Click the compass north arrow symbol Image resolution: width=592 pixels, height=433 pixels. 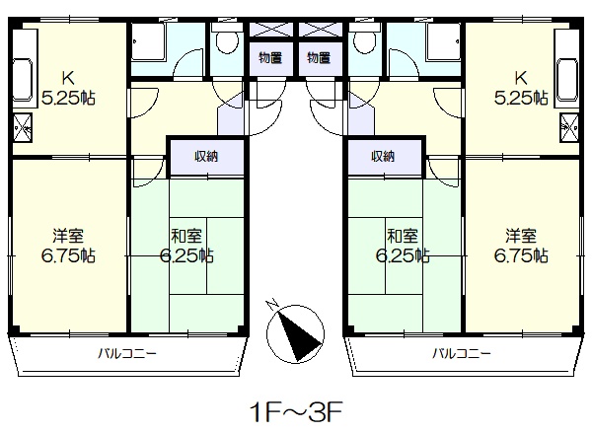[295, 334]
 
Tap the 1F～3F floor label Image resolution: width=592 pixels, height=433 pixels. [296, 412]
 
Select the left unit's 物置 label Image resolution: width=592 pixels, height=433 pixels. [270, 58]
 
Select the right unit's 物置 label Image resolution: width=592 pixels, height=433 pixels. [319, 58]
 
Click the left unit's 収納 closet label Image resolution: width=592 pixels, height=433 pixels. [206, 156]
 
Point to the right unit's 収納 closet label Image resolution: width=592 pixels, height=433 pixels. [383, 156]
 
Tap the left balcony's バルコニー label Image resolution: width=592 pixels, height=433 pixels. [127, 354]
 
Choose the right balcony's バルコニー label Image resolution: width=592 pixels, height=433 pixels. [462, 354]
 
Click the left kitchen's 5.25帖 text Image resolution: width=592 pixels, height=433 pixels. [68, 99]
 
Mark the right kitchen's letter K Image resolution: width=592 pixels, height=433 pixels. [521, 78]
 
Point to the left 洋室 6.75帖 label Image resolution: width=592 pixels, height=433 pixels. [68, 246]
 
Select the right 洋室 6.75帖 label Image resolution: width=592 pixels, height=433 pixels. [521, 246]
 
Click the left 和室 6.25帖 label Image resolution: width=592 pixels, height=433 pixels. [186, 246]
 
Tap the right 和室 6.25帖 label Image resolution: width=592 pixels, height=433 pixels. [403, 246]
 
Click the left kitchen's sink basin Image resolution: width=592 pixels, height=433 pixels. [23, 80]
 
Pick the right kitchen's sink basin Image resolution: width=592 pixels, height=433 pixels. [568, 80]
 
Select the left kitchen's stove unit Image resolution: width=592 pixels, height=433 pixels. [23, 128]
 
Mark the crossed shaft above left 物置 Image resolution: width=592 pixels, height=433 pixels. [271, 30]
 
